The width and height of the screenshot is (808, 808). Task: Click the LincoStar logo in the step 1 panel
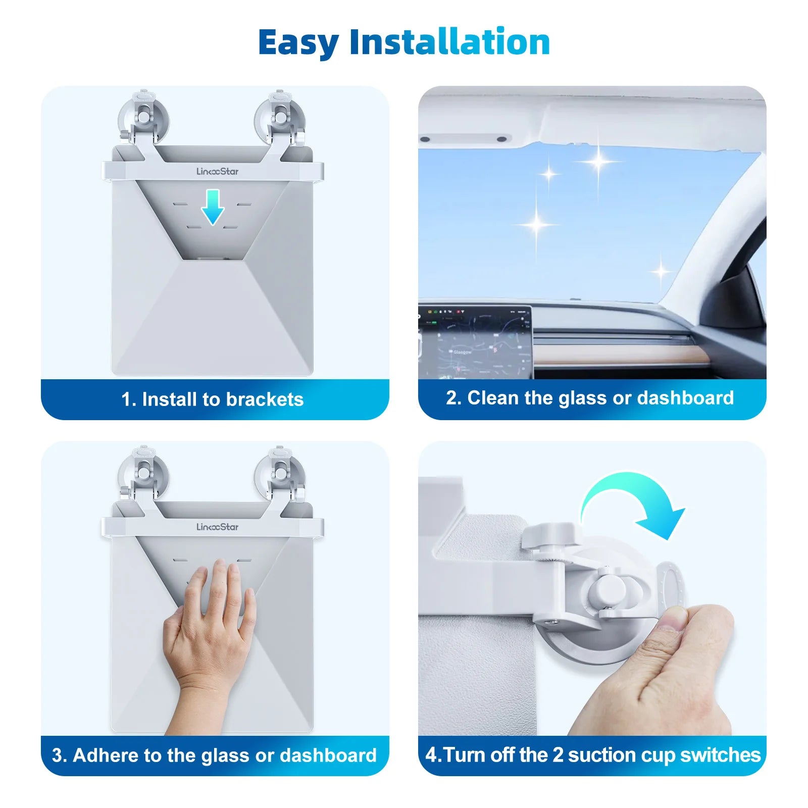click(217, 172)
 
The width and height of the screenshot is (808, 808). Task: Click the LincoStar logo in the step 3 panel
click(217, 527)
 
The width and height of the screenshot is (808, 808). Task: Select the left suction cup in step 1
click(143, 119)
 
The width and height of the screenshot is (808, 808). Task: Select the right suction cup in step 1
click(279, 119)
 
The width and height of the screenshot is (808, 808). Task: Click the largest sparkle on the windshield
click(598, 162)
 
